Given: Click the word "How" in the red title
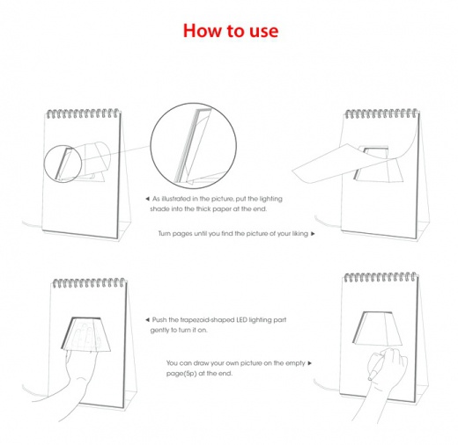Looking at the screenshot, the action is pos(202,30).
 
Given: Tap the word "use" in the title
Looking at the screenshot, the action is pos(263,32).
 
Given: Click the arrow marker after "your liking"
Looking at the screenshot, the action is pos(313,234).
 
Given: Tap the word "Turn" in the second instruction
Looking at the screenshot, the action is pos(165,234).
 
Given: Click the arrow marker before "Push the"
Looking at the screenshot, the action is pos(147,320).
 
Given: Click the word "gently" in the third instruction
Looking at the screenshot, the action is pos(159,331).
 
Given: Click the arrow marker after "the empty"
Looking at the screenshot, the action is pos(309,363).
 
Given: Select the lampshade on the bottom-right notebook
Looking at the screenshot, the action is pos(379,329).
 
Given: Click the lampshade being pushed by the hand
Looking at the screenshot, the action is pos(85,334).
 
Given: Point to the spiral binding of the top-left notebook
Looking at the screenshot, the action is pos(84,113).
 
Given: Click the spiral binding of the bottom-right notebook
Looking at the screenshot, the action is pos(380,277).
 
